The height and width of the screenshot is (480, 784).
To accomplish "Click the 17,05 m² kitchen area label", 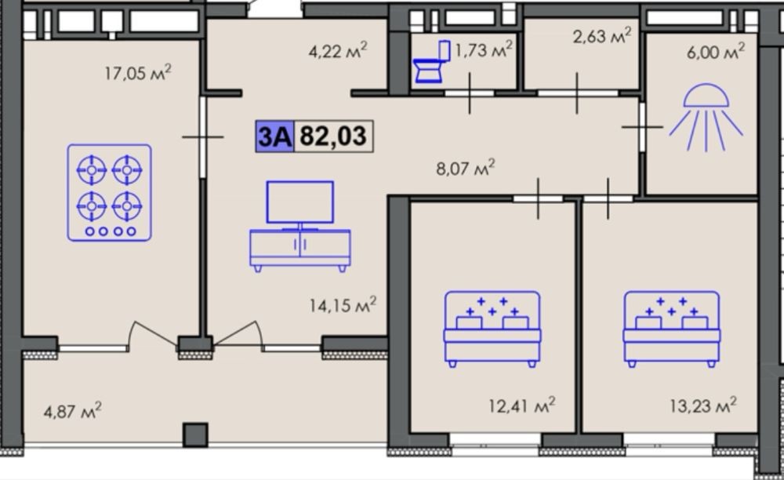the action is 138,72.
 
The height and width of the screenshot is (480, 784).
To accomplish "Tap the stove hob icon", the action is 110,192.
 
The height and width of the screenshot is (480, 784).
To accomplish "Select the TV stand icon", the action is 300,226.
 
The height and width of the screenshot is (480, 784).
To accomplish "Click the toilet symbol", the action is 431,62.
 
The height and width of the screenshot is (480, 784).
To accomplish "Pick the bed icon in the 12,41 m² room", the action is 492,329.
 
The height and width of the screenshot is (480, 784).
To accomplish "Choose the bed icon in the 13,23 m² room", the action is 672,329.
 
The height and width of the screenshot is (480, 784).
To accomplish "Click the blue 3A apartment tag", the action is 274,136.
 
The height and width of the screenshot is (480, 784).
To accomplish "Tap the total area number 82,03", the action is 333,136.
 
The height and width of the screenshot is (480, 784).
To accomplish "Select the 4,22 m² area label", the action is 338,50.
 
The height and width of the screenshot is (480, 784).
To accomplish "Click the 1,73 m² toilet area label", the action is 484,49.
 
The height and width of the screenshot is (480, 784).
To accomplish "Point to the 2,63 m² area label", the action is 602,36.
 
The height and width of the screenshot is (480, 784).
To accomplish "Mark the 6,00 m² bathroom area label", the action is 716,52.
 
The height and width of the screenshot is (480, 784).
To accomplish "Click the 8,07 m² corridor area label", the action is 466,168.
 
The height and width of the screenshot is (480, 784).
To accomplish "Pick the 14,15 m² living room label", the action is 343,305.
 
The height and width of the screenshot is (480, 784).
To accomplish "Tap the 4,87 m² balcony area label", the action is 72,411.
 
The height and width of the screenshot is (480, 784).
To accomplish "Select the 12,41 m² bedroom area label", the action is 522,405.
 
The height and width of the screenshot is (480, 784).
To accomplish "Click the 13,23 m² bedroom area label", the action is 703,405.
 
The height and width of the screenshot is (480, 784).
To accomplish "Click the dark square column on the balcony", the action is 195,435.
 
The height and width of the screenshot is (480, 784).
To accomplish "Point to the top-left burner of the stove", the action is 92,170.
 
